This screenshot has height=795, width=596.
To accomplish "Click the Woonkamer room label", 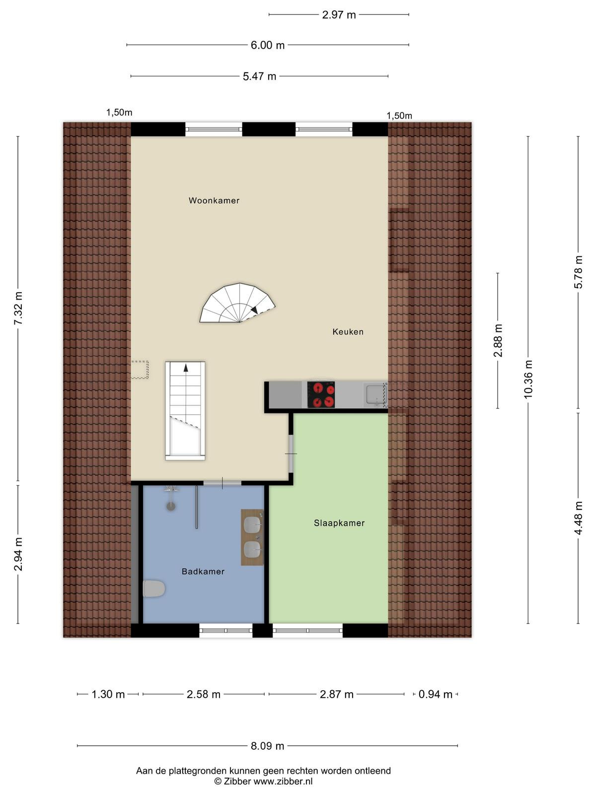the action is point(214,200).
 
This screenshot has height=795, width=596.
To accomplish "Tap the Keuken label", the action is point(348,331).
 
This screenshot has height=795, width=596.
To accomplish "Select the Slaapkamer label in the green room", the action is point(339,523).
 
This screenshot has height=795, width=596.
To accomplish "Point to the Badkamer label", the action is point(203,571).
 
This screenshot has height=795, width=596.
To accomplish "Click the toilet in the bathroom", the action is point(154,589).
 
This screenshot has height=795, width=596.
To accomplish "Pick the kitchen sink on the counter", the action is point(376,395).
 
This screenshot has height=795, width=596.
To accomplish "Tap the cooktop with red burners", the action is point(321,395).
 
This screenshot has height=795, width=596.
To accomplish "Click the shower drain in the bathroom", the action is point(171,506).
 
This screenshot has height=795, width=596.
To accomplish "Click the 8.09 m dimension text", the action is point(267,746).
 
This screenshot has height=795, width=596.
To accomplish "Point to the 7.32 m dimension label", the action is point(18,308).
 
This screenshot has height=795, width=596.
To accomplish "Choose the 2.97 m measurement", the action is point(339,15).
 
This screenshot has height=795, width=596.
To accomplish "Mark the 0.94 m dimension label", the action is point(436,694).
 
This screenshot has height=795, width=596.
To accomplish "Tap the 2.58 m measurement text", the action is point(203,694).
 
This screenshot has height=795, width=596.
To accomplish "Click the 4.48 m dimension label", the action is point(578,518).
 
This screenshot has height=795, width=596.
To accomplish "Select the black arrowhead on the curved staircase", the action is point(254,310).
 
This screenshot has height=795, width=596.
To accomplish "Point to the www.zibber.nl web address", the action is point(283,781).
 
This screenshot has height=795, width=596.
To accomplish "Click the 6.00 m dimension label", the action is point(267,45).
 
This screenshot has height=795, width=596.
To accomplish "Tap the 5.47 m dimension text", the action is point(259,77).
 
